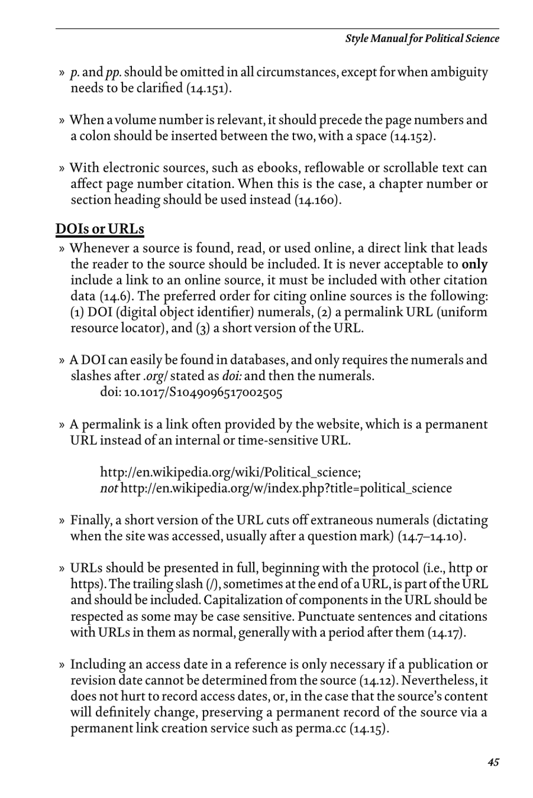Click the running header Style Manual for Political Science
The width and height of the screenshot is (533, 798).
click(x=421, y=39)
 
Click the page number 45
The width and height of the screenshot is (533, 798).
click(x=493, y=762)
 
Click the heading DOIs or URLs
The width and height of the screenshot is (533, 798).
click(x=100, y=229)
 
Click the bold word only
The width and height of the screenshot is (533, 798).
click(x=475, y=264)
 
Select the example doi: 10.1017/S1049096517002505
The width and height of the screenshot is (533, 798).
click(x=191, y=392)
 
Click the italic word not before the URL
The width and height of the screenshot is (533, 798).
click(x=109, y=488)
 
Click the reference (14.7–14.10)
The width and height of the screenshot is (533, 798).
click(x=431, y=537)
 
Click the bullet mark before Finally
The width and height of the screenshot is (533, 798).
click(x=62, y=521)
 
